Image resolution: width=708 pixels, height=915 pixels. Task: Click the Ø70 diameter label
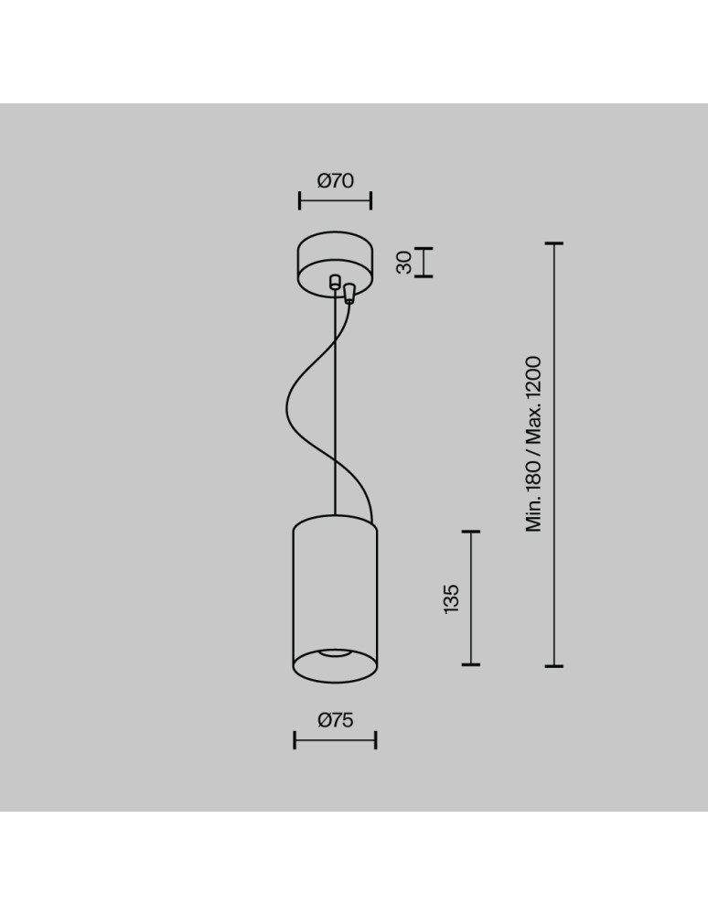tap(335, 181)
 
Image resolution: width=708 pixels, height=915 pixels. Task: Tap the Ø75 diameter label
tap(335, 721)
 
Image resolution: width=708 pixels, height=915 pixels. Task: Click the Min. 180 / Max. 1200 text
tap(534, 444)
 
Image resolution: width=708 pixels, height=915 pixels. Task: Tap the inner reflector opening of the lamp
tap(335, 655)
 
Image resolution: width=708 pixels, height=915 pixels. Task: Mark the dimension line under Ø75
tap(335, 739)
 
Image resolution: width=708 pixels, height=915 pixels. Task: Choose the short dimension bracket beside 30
tap(424, 263)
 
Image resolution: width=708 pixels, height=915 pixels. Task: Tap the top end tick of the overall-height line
tap(553, 244)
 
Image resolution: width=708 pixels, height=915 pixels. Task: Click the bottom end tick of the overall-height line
tap(553, 665)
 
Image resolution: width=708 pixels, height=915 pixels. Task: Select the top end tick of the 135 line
tap(471, 532)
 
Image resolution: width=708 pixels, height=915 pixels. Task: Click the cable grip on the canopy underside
tap(349, 293)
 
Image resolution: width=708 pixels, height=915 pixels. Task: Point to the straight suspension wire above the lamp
tap(336, 412)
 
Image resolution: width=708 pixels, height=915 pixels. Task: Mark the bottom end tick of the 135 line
tap(471, 664)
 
